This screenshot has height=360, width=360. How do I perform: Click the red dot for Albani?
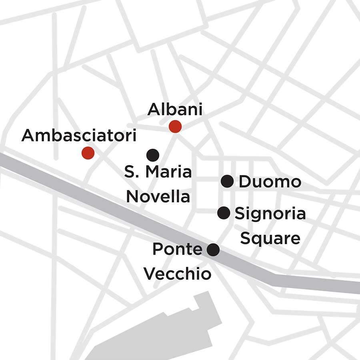click(x=175, y=126)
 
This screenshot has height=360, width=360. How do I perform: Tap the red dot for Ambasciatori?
click(x=88, y=152)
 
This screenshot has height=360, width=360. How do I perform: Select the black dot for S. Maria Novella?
click(x=153, y=154)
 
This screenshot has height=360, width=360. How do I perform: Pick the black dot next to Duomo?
click(x=227, y=181)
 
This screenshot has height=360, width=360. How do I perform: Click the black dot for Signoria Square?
click(x=224, y=213)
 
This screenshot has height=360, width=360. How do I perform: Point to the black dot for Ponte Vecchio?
click(x=213, y=250)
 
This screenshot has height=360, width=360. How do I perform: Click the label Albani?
click(x=175, y=110)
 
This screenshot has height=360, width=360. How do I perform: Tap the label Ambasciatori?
click(x=79, y=136)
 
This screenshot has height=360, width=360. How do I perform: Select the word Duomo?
click(x=270, y=182)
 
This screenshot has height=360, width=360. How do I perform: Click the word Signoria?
click(x=270, y=214)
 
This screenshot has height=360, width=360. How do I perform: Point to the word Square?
click(x=270, y=238)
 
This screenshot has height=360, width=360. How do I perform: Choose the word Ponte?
click(x=177, y=250)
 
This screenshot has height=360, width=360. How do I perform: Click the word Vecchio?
click(x=177, y=274)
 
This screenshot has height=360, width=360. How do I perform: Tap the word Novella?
click(x=158, y=196)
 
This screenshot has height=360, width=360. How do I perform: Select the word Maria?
click(x=168, y=172)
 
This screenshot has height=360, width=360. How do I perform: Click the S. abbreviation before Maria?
click(x=132, y=172)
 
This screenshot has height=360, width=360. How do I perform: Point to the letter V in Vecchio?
click(x=150, y=274)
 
